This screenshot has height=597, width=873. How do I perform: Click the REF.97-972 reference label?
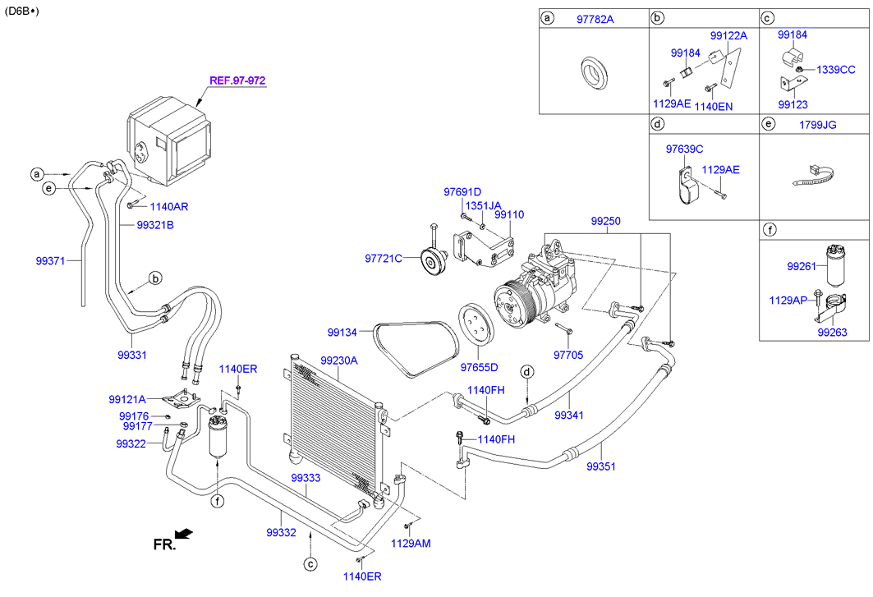pyautogui.click(x=237, y=80)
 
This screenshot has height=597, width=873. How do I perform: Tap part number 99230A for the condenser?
pyautogui.click(x=339, y=360)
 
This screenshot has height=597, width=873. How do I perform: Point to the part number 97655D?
pyautogui.click(x=479, y=367)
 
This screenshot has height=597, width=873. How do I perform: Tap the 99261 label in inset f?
pyautogui.click(x=801, y=266)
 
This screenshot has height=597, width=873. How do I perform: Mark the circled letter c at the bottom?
pyautogui.click(x=310, y=563)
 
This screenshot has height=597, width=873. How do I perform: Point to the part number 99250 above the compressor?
pyautogui.click(x=606, y=222)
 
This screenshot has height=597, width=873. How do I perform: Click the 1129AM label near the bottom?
pyautogui.click(x=410, y=543)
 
